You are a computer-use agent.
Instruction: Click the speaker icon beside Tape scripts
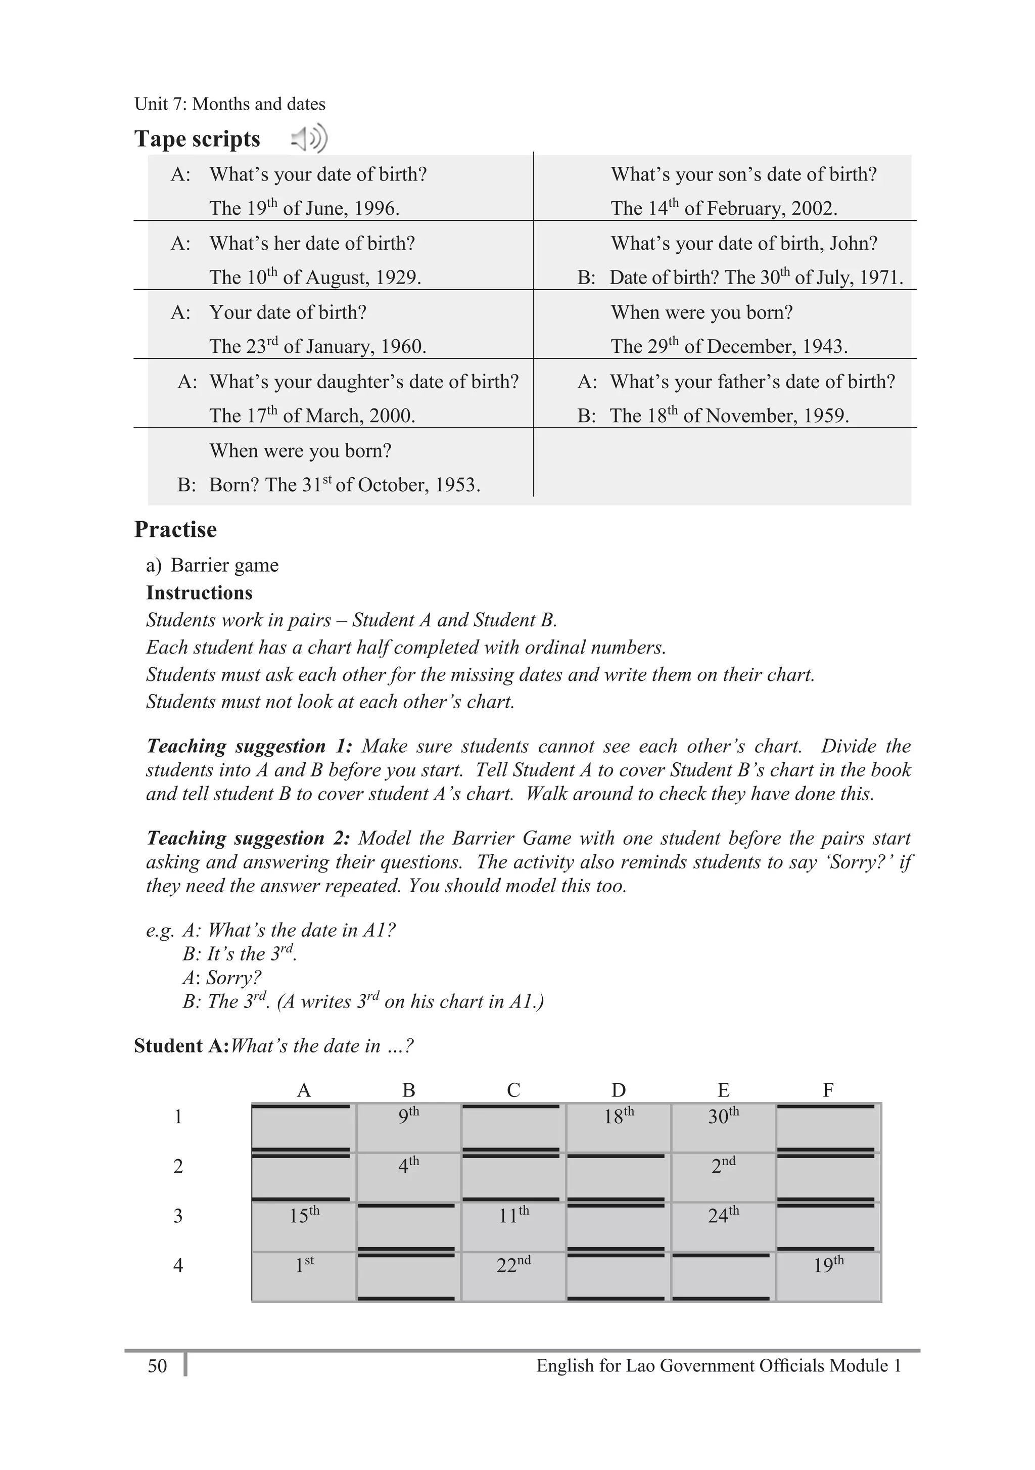click(x=310, y=139)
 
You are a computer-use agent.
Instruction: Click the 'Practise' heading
click(x=175, y=529)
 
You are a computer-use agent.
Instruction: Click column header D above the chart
click(x=618, y=1090)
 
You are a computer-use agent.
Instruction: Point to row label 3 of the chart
click(x=178, y=1216)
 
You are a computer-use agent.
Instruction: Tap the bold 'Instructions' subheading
click(x=199, y=593)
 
